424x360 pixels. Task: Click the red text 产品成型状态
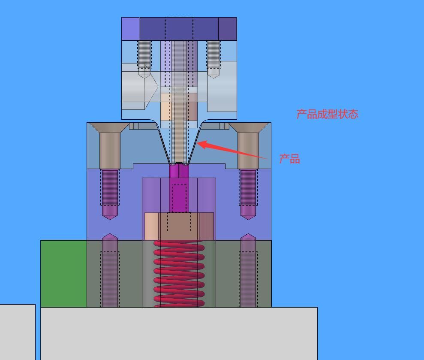[327, 114]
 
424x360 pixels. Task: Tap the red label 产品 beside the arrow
[289, 159]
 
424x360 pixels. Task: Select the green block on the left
[64, 273]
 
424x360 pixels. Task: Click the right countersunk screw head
[248, 127]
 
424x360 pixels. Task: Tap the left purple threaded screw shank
[110, 188]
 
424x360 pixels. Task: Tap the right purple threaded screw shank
[248, 188]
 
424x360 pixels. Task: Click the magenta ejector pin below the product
[179, 189]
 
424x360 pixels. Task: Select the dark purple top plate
[179, 29]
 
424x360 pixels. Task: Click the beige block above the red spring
[179, 226]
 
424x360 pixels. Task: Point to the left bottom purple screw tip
[110, 237]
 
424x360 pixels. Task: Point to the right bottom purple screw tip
[248, 237]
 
